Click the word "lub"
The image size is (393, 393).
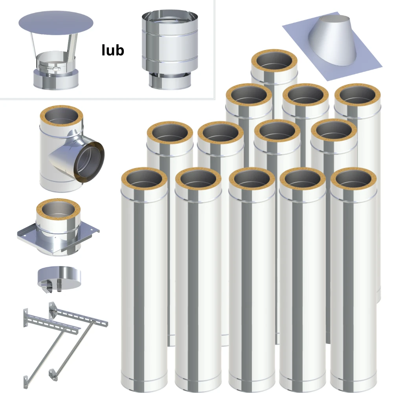click(113, 50)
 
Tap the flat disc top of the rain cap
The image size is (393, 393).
click(56, 23)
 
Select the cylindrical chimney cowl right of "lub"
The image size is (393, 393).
click(170, 50)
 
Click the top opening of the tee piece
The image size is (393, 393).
click(61, 117)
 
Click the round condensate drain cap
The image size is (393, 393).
click(59, 277)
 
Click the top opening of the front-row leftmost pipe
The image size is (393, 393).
click(144, 179)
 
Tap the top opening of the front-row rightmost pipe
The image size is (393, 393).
click(353, 179)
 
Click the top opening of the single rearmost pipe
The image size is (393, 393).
click(274, 61)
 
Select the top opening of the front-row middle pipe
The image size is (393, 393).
click(252, 179)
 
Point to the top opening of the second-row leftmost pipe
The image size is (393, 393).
click(170, 133)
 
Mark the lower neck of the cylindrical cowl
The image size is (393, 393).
click(170, 81)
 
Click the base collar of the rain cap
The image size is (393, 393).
click(56, 79)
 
